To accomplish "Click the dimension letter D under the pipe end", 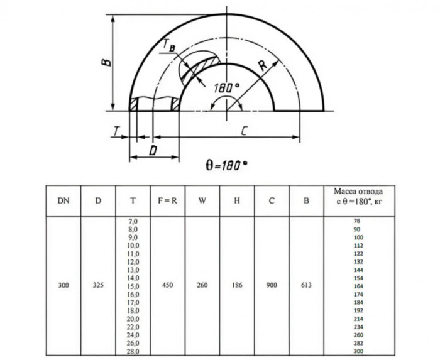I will point(153,150).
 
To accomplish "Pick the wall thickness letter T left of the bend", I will point(118,130).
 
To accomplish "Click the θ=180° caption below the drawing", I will point(226,165).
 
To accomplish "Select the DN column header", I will point(63,201).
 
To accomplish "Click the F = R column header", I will point(167,201).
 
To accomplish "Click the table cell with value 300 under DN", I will point(63,286).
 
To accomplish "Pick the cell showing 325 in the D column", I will point(98,286).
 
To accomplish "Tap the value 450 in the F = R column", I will point(167,286).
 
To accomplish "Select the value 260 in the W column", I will point(202,286).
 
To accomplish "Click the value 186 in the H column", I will point(237,286).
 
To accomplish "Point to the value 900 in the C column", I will point(272,286).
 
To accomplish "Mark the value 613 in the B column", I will point(306,286).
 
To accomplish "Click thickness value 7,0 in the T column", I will point(133,222).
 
